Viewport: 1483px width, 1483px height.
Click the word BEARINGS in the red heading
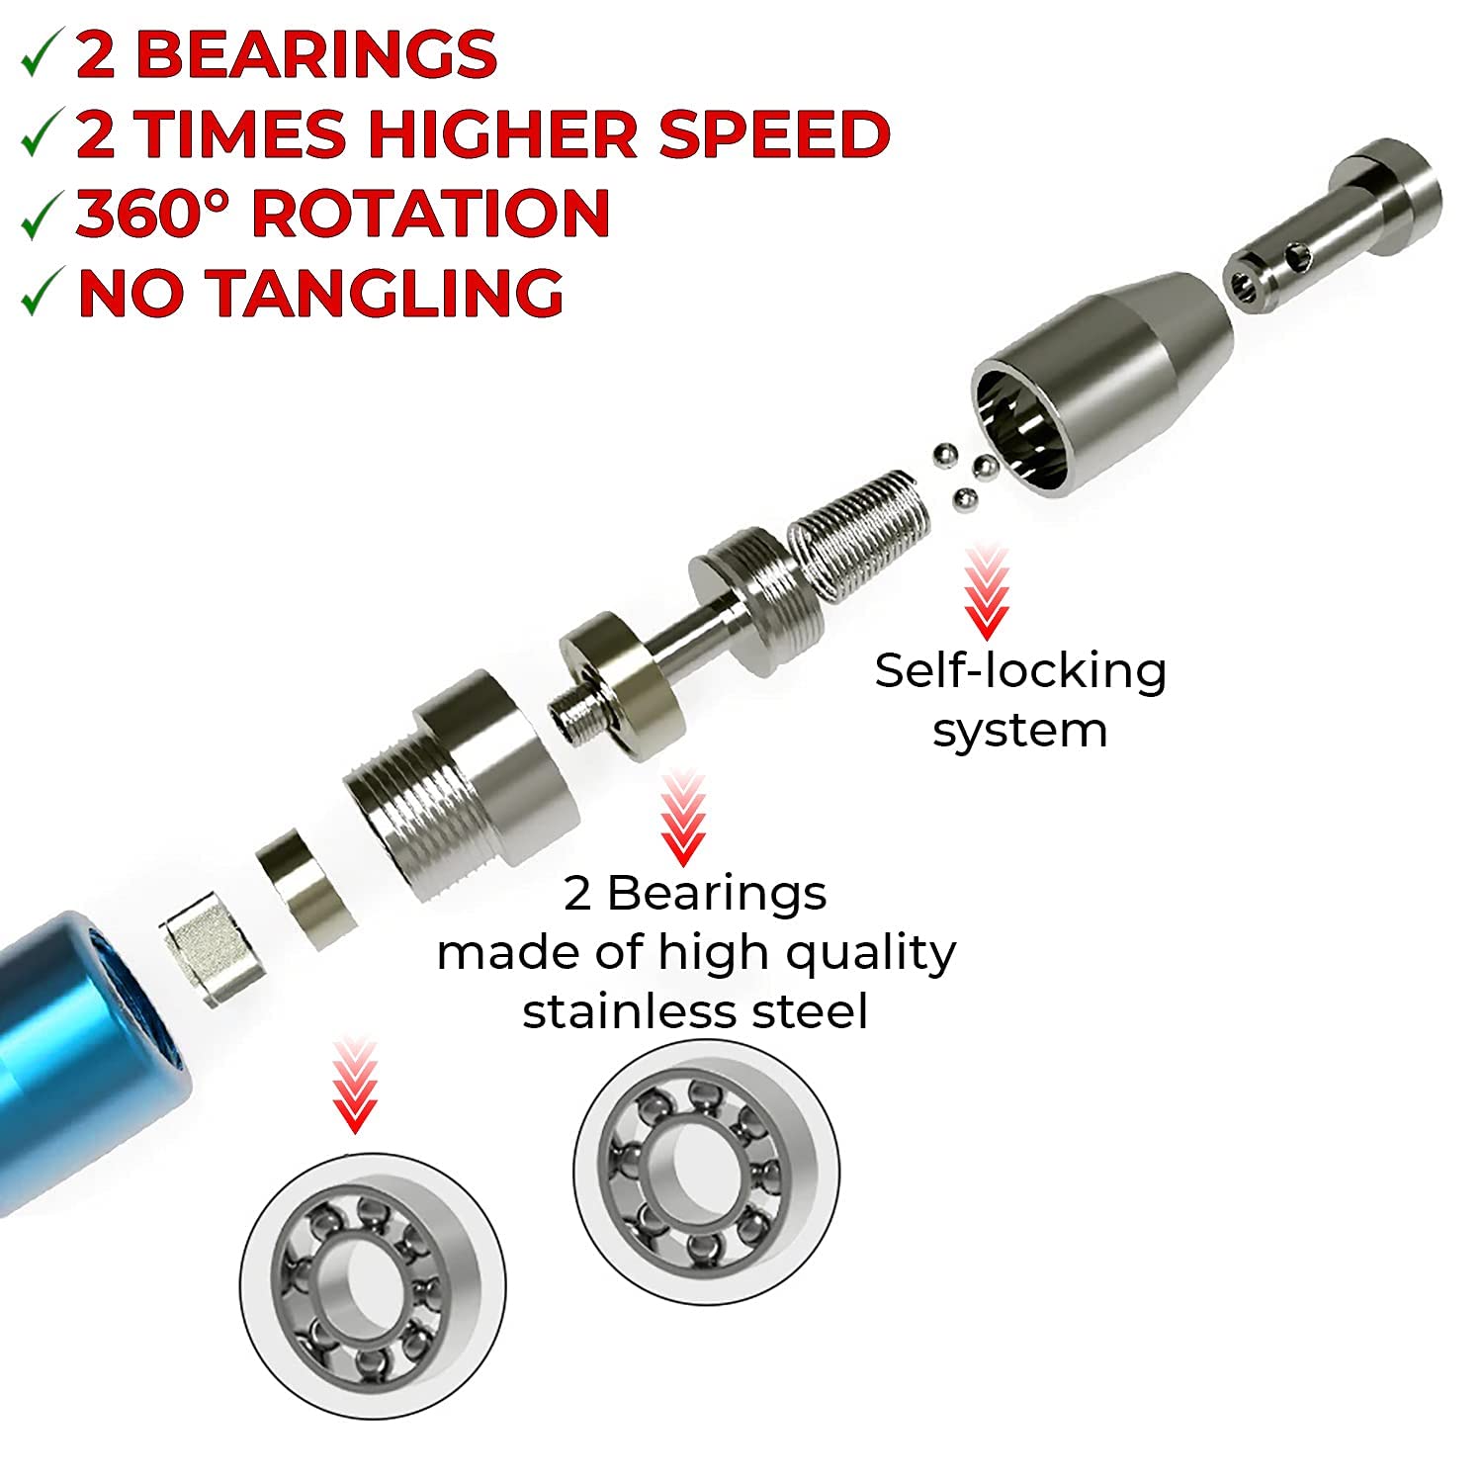click(320, 54)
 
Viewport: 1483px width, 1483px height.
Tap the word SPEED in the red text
click(774, 133)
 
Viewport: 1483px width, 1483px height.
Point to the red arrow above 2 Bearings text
click(682, 820)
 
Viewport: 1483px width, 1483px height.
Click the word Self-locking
click(1020, 670)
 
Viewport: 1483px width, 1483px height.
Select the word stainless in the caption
click(622, 1012)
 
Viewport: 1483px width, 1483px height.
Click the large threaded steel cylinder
click(461, 784)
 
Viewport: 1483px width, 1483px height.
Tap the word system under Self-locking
click(1020, 732)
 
